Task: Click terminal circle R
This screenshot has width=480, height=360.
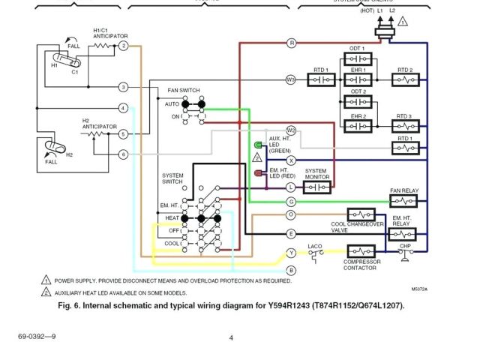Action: pyautogui.click(x=292, y=43)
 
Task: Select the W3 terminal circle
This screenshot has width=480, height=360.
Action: pyautogui.click(x=292, y=79)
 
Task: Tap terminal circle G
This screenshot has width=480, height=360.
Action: pyautogui.click(x=292, y=201)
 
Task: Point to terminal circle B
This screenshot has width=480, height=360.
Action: pyautogui.click(x=292, y=269)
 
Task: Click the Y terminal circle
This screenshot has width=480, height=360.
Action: pyautogui.click(x=292, y=252)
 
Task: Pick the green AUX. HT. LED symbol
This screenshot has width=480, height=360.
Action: pyautogui.click(x=259, y=145)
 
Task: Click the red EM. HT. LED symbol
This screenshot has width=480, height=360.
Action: pyautogui.click(x=259, y=173)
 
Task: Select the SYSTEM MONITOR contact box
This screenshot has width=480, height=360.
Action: pyautogui.click(x=317, y=187)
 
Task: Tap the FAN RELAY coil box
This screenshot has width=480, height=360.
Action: pyautogui.click(x=404, y=201)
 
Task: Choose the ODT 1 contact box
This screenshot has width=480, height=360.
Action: pyautogui.click(x=358, y=58)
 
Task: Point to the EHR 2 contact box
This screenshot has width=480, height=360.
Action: pyautogui.click(x=358, y=126)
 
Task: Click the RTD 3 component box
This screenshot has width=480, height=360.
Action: pyautogui.click(x=404, y=126)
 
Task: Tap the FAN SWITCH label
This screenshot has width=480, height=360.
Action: pyautogui.click(x=183, y=90)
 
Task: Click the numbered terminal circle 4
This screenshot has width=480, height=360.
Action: pyautogui.click(x=123, y=108)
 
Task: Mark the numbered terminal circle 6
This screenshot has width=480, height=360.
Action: pyautogui.click(x=123, y=154)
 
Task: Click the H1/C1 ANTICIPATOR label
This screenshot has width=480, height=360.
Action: pyautogui.click(x=109, y=33)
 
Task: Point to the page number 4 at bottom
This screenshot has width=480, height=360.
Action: pyautogui.click(x=231, y=337)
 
